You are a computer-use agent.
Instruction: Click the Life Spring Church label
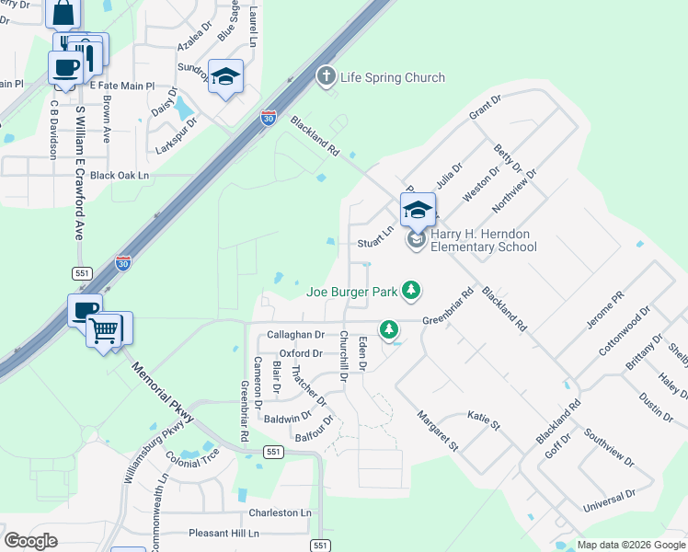coord(393,78)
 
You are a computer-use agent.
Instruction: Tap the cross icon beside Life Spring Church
coord(325,76)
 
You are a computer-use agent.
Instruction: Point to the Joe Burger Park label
coord(351,293)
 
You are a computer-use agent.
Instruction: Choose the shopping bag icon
coord(63,13)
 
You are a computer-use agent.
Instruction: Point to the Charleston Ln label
coord(280,512)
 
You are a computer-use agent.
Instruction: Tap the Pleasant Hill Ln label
coord(224,533)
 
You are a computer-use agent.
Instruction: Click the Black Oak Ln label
coord(120,175)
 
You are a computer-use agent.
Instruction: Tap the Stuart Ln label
coord(375,244)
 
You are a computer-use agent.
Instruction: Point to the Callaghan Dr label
coord(295,335)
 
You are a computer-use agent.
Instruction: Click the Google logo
coord(30,541)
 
